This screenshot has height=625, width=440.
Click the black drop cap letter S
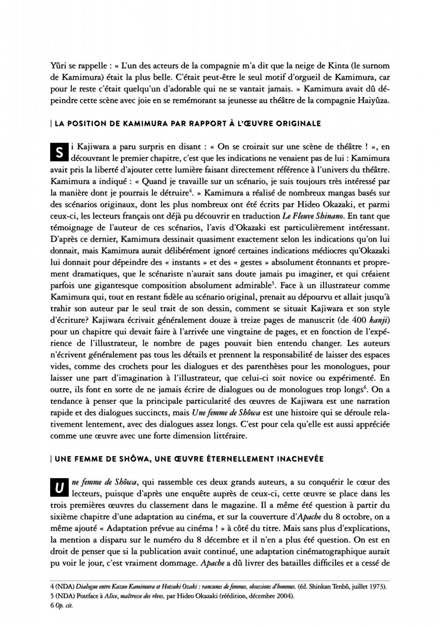pyautogui.click(x=58, y=153)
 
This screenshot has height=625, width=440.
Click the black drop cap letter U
pyautogui.click(x=58, y=487)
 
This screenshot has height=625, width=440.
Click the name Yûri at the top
pyautogui.click(x=58, y=66)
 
